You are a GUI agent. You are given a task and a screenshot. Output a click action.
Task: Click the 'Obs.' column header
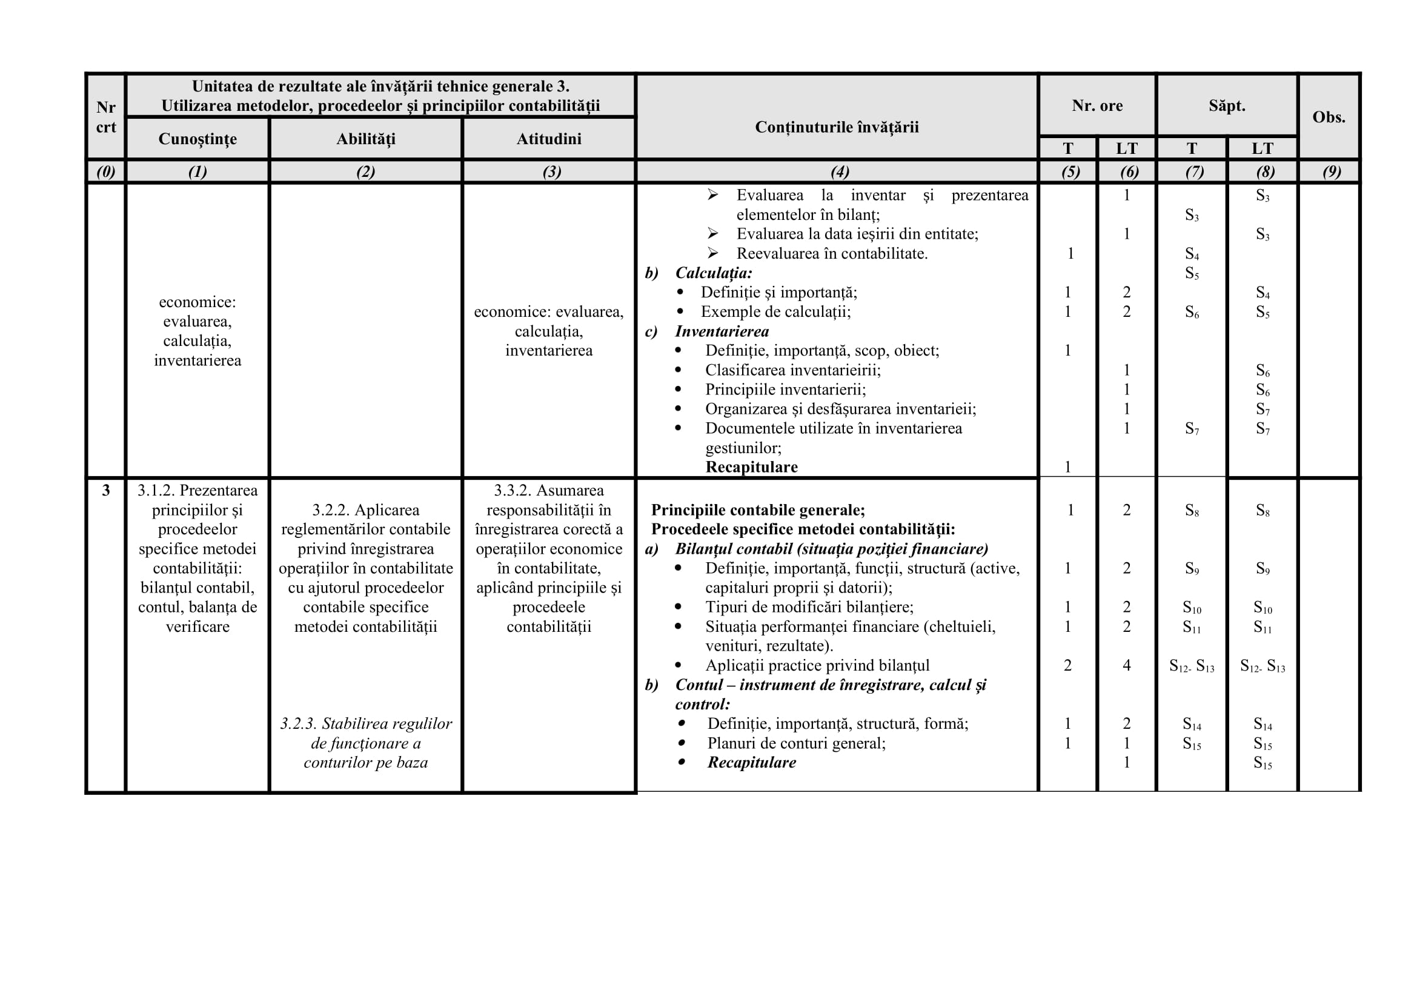pyautogui.click(x=1328, y=118)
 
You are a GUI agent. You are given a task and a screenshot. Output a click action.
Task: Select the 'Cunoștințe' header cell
pyautogui.click(x=197, y=139)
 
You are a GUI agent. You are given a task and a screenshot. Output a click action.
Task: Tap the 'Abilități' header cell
pyautogui.click(x=365, y=139)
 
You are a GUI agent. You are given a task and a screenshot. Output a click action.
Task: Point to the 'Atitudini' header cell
pyautogui.click(x=549, y=139)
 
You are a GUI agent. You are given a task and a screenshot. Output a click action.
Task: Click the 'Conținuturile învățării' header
pyautogui.click(x=836, y=127)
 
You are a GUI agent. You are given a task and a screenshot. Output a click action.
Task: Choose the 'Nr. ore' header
pyautogui.click(x=1097, y=105)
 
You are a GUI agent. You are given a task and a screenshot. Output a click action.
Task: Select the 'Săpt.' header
pyautogui.click(x=1226, y=105)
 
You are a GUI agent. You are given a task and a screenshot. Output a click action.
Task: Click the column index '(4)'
pyautogui.click(x=839, y=171)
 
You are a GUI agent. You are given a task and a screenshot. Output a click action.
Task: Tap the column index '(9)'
pyautogui.click(x=1331, y=171)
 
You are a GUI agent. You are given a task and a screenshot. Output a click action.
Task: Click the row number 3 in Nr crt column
pyautogui.click(x=106, y=491)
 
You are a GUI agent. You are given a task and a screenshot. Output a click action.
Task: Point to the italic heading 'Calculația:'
pyautogui.click(x=714, y=273)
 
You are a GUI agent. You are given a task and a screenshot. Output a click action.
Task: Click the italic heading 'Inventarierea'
pyautogui.click(x=722, y=331)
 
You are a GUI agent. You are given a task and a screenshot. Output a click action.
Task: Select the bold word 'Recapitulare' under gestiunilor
pyautogui.click(x=751, y=467)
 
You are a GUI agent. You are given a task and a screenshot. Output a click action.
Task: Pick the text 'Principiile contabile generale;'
pyautogui.click(x=758, y=510)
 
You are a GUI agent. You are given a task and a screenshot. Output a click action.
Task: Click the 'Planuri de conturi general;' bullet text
pyautogui.click(x=796, y=743)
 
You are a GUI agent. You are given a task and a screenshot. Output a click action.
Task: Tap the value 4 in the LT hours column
pyautogui.click(x=1126, y=666)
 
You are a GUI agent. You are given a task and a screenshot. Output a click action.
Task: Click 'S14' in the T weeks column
pyautogui.click(x=1191, y=725)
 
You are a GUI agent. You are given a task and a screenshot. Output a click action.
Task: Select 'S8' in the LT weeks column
pyautogui.click(x=1262, y=511)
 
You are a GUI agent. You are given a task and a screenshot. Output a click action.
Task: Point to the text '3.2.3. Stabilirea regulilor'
pyautogui.click(x=366, y=724)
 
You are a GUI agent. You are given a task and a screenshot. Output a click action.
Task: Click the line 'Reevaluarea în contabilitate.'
pyautogui.click(x=831, y=254)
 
